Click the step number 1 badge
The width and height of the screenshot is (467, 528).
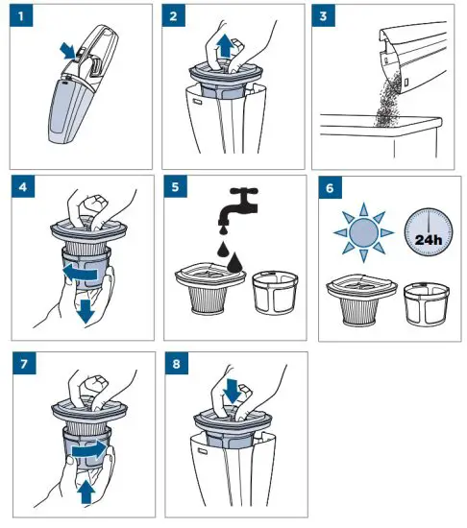[21, 15]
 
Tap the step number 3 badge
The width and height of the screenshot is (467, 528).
[323, 15]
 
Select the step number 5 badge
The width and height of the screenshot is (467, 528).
[176, 186]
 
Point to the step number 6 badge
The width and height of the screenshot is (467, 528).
[330, 187]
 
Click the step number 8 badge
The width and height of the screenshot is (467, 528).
[177, 363]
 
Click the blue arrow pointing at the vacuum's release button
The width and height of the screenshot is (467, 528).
[68, 51]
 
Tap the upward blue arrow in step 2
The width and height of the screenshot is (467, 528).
[225, 47]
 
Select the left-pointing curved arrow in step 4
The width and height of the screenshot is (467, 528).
[80, 273]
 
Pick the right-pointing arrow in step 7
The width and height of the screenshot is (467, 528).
[89, 449]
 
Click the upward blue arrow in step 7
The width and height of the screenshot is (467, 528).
[86, 492]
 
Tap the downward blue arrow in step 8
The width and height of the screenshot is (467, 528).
[233, 391]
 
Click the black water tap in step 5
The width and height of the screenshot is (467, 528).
[238, 205]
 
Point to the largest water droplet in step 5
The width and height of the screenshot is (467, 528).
[234, 262]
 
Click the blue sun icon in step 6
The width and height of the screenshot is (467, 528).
[363, 232]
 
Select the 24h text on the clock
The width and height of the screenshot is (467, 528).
[429, 240]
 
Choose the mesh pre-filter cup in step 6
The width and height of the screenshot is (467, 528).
[427, 304]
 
